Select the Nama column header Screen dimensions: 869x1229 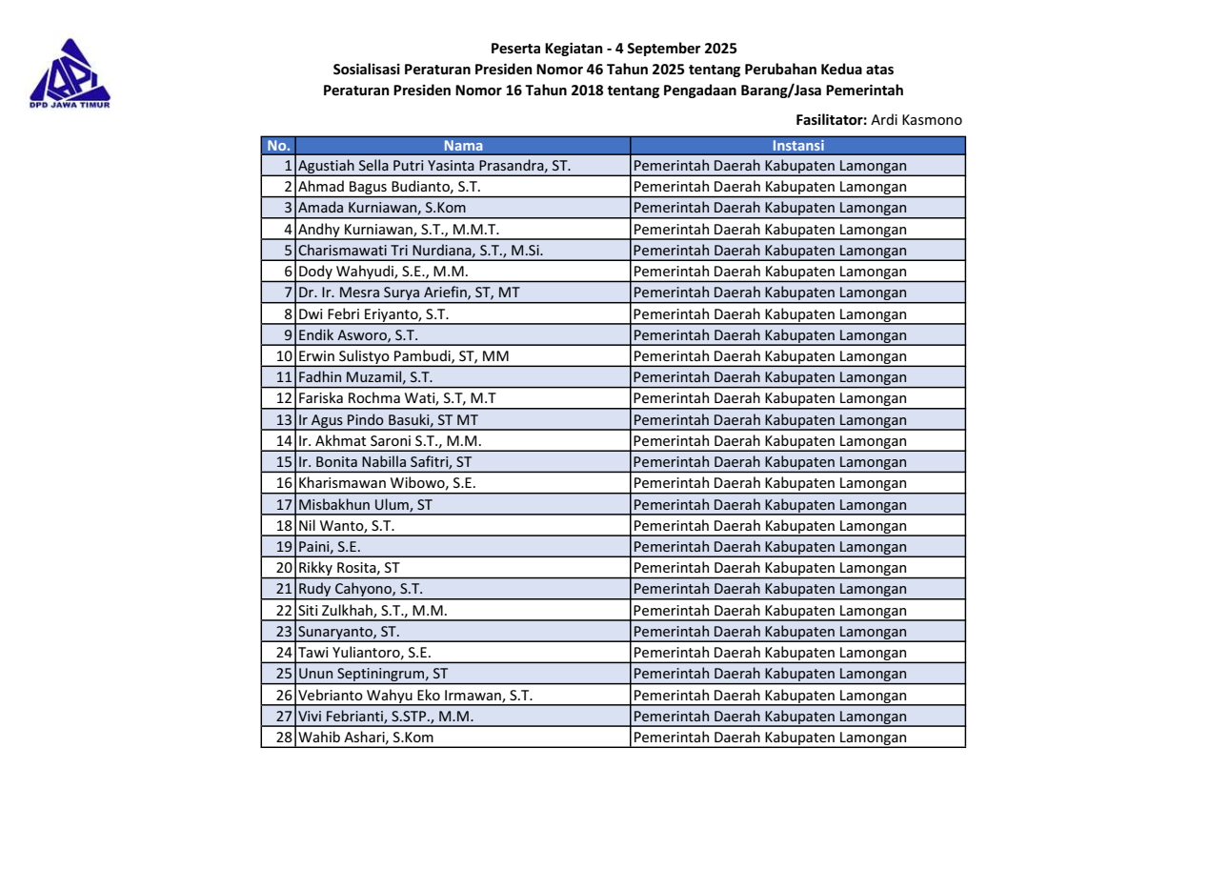(x=463, y=146)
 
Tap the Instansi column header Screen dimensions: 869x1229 (x=797, y=146)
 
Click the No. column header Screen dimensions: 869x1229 (x=277, y=146)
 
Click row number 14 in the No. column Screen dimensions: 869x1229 (x=284, y=440)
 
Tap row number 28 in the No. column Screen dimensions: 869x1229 (x=284, y=737)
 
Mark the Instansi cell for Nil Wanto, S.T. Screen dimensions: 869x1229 (x=770, y=525)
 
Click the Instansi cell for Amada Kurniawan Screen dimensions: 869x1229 (x=770, y=208)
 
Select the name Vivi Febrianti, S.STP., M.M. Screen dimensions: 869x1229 (x=386, y=716)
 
